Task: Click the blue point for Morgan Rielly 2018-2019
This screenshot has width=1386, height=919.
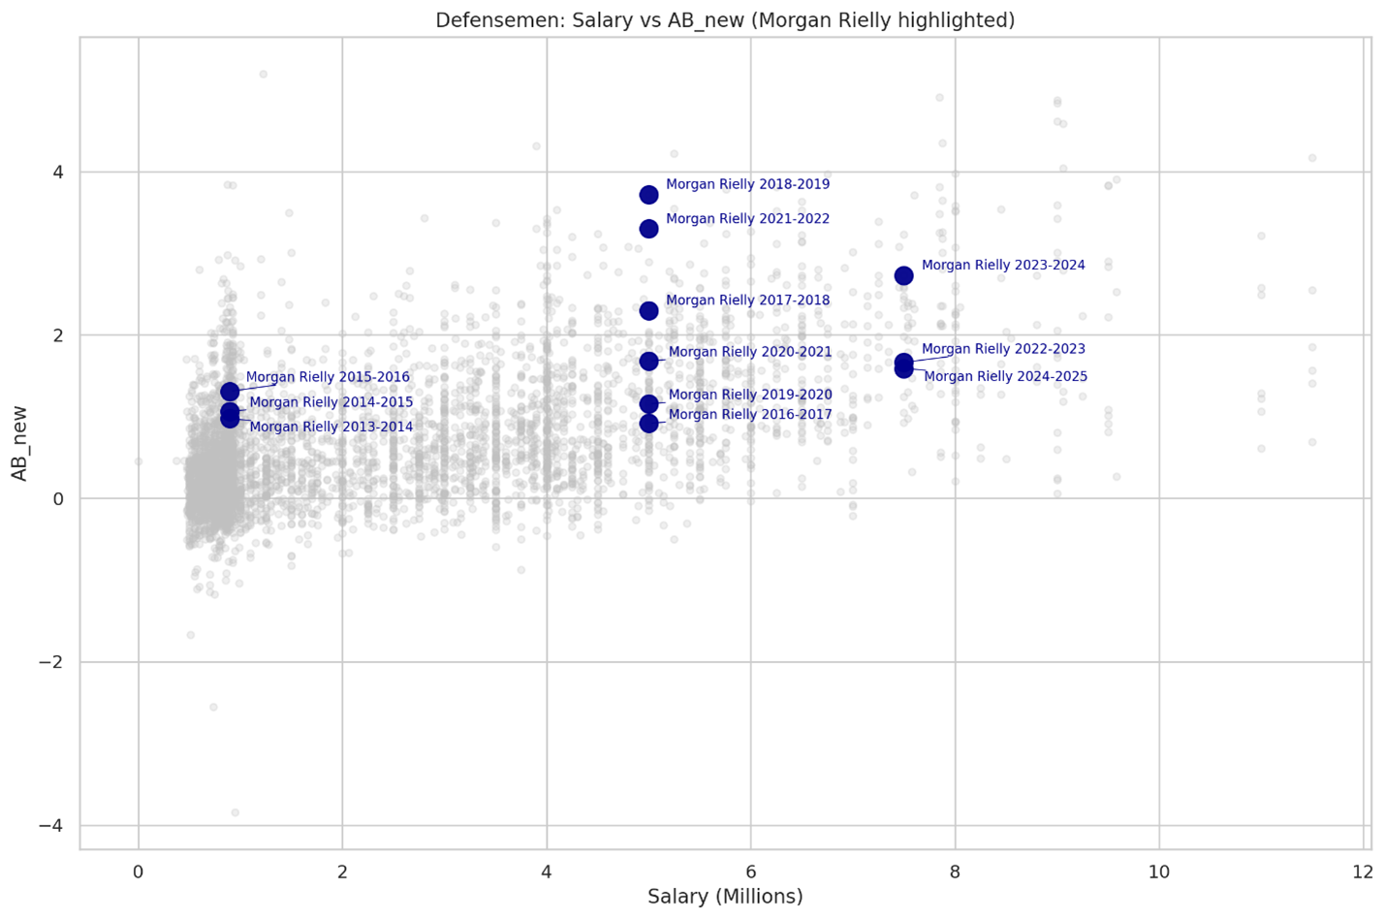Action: (x=648, y=195)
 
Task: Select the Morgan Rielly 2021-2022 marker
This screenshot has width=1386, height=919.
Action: (x=648, y=229)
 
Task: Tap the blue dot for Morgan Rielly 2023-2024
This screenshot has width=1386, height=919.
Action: (x=903, y=276)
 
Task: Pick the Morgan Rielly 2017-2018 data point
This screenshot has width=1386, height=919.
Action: (x=648, y=311)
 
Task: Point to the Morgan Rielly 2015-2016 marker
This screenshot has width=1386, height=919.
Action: (x=230, y=392)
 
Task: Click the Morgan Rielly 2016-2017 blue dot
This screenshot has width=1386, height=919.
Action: (x=648, y=424)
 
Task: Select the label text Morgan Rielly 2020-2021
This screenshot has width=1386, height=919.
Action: (x=749, y=352)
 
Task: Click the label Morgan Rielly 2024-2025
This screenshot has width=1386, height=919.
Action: (x=1005, y=376)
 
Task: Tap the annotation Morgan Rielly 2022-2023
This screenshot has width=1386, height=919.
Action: (x=1003, y=349)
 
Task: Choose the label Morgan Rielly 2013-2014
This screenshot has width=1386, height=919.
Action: (x=331, y=427)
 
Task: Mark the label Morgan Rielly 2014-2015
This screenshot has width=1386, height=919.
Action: (x=331, y=402)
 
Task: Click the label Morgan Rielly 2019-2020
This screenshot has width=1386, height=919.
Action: (x=749, y=395)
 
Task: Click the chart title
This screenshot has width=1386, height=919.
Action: (x=725, y=20)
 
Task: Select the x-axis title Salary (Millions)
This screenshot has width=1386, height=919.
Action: (x=725, y=897)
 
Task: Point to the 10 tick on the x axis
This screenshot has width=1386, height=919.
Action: (x=1159, y=871)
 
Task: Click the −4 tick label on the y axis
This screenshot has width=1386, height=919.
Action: (x=50, y=826)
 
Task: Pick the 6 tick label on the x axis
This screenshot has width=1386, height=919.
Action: (x=751, y=871)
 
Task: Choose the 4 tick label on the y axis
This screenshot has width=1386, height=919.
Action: (x=58, y=173)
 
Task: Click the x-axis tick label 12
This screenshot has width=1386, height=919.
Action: (x=1363, y=871)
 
